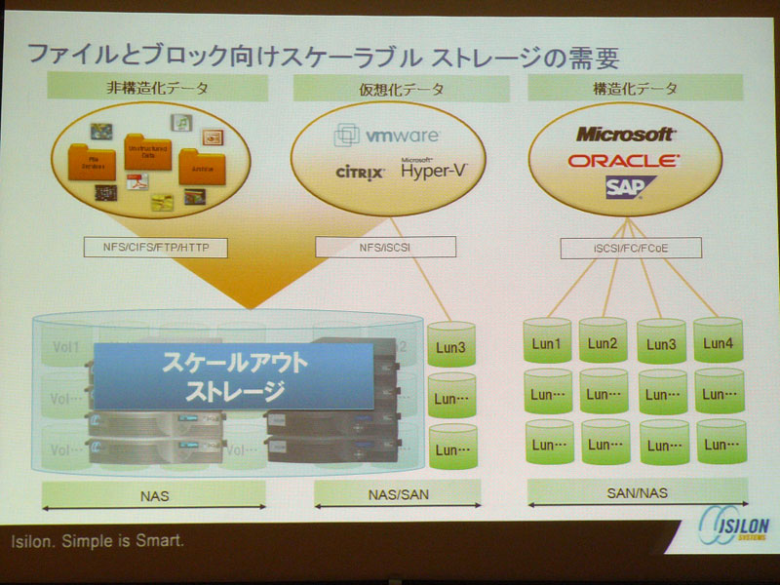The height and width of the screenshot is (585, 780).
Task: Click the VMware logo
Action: pos(387,135)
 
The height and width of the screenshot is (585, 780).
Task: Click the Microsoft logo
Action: pos(624,134)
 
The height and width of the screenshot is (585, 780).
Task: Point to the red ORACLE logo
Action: pos(624,160)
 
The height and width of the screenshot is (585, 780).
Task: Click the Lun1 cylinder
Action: pos(548,341)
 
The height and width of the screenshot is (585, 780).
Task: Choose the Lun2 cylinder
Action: pos(604,341)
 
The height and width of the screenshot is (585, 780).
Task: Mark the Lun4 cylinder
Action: pos(719,341)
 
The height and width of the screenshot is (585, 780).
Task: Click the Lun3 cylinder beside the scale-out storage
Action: pos(451,346)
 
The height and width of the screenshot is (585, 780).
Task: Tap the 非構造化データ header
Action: pos(158,89)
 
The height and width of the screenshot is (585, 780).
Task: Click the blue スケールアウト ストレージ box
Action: pos(234,376)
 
